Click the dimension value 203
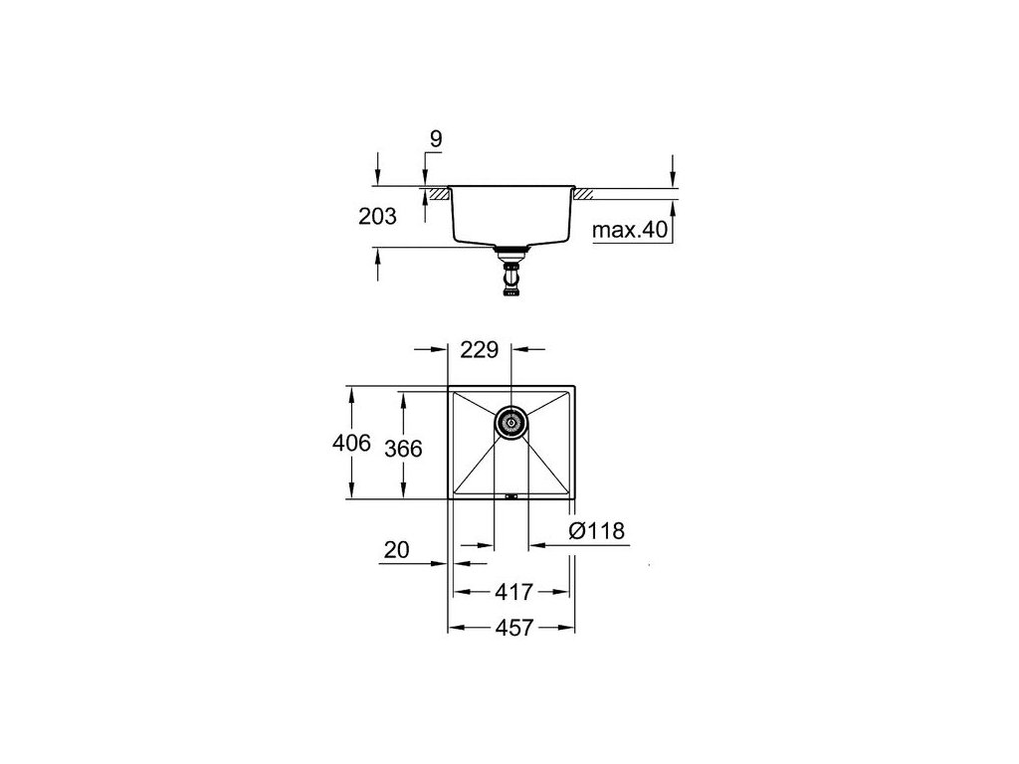(377, 216)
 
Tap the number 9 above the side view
(436, 138)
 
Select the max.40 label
(630, 230)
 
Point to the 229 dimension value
(479, 349)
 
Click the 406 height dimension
(351, 443)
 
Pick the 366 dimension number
(403, 449)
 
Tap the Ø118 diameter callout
(597, 531)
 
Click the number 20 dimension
(396, 549)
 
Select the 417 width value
(513, 592)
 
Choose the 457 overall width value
(514, 628)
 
